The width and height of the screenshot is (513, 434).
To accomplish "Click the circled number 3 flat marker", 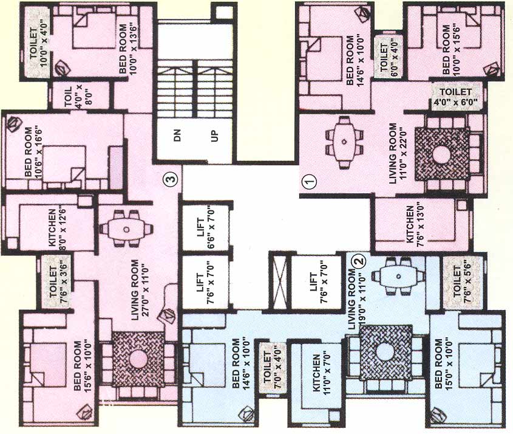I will [x=172, y=179].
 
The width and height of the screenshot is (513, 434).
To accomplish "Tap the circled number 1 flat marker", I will [x=310, y=181].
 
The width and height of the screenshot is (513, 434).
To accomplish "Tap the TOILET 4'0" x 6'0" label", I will [x=455, y=96].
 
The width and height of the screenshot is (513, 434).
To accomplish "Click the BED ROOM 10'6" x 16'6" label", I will [x=34, y=151].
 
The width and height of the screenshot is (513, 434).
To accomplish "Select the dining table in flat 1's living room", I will [x=344, y=142].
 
